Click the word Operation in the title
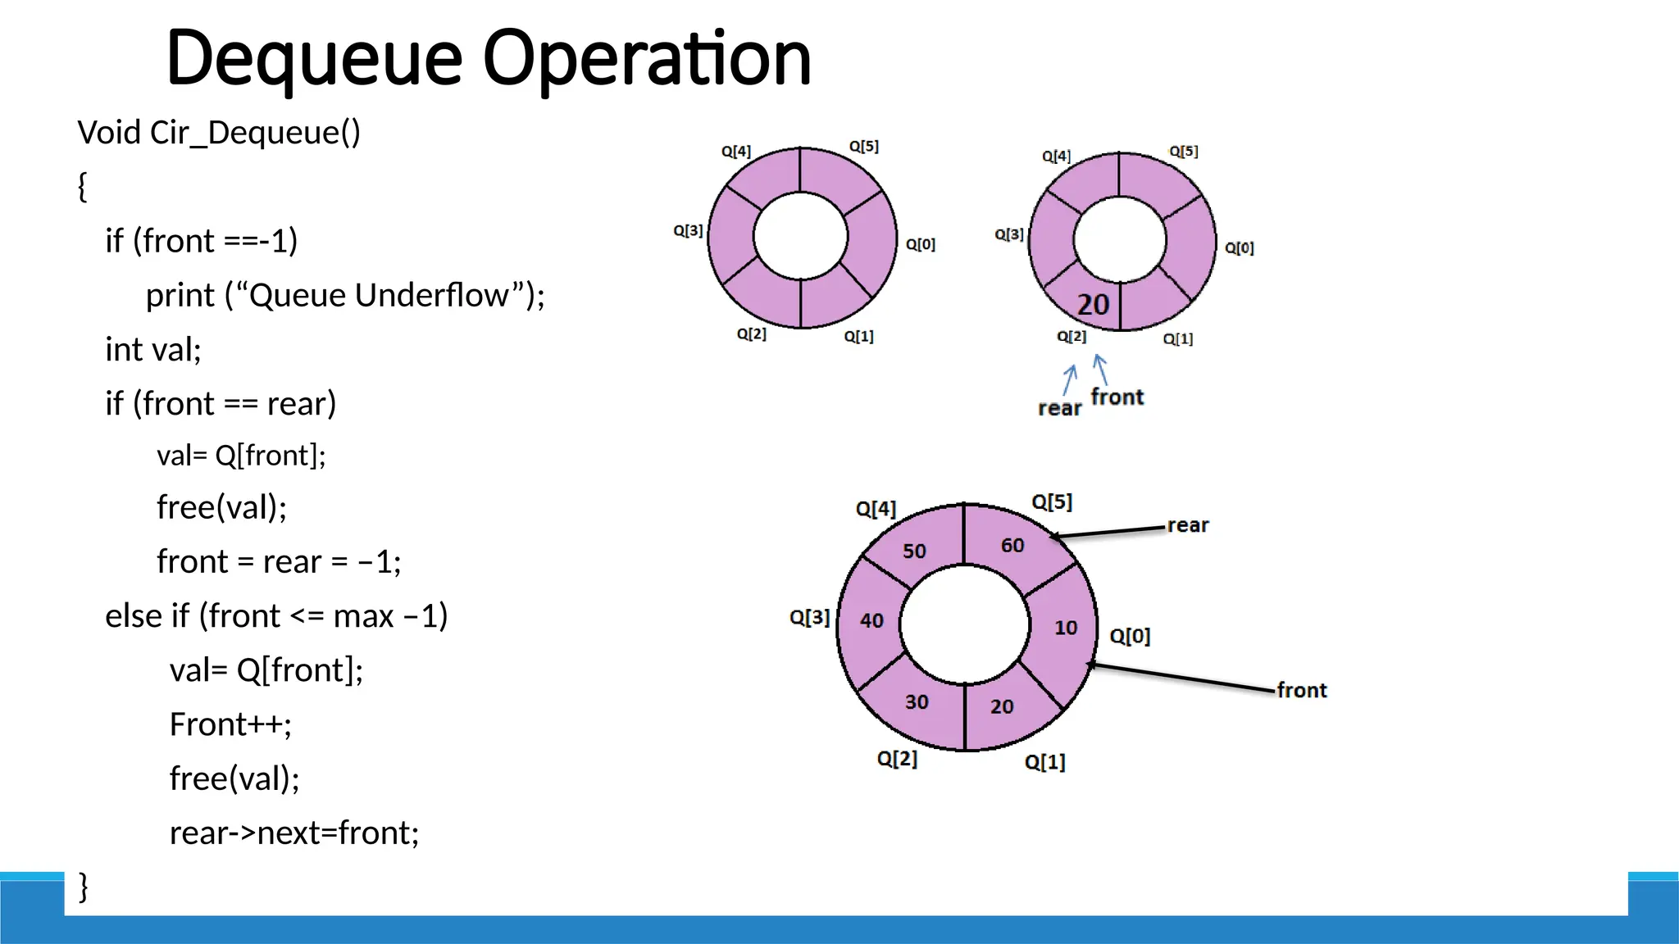click(x=647, y=59)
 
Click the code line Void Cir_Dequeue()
click(x=219, y=133)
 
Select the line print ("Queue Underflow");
click(x=345, y=295)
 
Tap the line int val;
click(x=153, y=349)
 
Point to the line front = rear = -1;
click(x=279, y=562)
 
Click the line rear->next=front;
click(x=294, y=833)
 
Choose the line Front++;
click(x=230, y=724)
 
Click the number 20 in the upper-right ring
click(x=1093, y=305)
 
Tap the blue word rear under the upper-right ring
click(x=1059, y=408)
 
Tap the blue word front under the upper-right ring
click(x=1117, y=397)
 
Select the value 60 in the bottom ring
click(x=1012, y=546)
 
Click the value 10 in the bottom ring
click(x=1065, y=628)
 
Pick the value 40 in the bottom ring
click(x=871, y=621)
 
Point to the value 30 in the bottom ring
click(x=917, y=702)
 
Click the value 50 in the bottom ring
click(x=914, y=551)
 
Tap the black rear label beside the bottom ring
click(x=1187, y=525)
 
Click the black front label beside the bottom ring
click(x=1301, y=691)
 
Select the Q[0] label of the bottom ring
click(x=1130, y=637)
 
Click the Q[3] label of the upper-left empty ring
click(x=688, y=231)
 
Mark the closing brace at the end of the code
click(x=83, y=887)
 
